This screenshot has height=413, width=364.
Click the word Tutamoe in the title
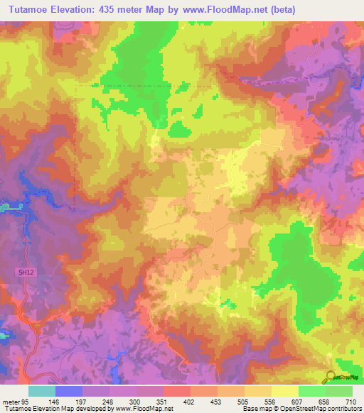pos(28,9)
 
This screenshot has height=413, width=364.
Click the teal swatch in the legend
pos(41,391)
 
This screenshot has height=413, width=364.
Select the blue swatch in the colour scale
pos(68,391)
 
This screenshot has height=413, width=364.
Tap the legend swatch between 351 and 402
pos(177,391)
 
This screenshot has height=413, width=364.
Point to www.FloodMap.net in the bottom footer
pos(149,409)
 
